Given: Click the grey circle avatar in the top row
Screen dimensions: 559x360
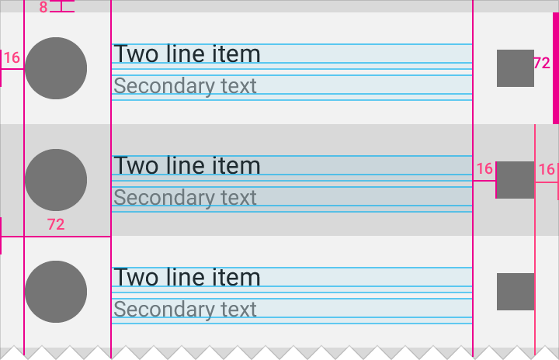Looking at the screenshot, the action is (x=56, y=68).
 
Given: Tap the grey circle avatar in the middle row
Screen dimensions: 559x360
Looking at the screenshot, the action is (x=56, y=180).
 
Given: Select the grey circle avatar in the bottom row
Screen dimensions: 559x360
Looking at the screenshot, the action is (x=56, y=292).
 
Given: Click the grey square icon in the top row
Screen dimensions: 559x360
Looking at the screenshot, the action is (x=516, y=68).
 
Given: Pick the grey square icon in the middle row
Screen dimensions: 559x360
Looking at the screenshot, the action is (x=516, y=180).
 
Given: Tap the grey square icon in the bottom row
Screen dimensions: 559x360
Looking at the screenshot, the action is (x=516, y=292).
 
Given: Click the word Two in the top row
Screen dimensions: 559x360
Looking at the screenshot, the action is (x=136, y=54).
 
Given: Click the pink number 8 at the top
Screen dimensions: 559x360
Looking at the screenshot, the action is (x=43, y=7).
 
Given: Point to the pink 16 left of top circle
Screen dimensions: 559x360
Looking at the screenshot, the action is (x=12, y=57).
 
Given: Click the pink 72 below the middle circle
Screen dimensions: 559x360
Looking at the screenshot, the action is (x=56, y=224).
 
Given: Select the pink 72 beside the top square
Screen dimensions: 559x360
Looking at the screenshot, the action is (x=542, y=64).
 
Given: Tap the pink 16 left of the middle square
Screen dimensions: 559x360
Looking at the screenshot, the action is (x=484, y=169).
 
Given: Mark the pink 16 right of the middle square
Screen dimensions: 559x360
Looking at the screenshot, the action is (x=547, y=170).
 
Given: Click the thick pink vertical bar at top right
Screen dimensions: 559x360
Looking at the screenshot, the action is (x=556, y=68).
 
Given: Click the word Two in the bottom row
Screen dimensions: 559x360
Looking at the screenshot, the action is (x=136, y=277).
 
